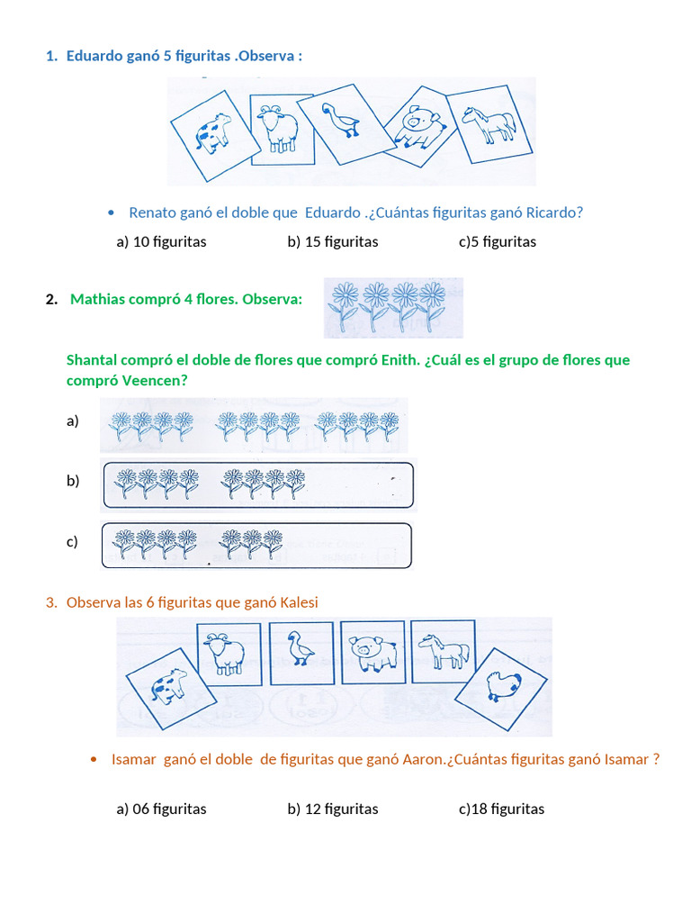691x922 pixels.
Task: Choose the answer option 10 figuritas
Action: point(161,241)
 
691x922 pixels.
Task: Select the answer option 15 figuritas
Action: point(333,241)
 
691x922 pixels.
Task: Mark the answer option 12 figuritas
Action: point(333,809)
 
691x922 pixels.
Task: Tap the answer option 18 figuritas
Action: point(502,809)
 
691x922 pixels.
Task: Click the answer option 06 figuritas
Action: point(161,809)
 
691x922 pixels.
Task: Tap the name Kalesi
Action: point(298,602)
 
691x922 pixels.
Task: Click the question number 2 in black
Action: point(50,299)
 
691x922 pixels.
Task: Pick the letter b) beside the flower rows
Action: point(72,481)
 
